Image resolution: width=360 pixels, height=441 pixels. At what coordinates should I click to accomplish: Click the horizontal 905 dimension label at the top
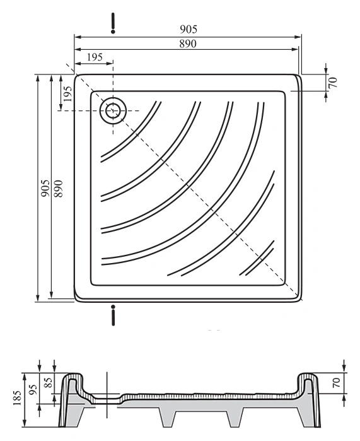(x=189, y=29)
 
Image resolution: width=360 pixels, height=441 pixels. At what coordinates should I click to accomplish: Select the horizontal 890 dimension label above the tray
(x=188, y=44)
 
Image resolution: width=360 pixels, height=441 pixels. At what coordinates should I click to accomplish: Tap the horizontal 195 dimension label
(x=95, y=57)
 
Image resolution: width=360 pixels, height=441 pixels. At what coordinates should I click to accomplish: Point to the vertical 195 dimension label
(x=67, y=93)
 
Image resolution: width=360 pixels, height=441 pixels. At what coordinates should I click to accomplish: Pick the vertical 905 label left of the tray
(x=45, y=188)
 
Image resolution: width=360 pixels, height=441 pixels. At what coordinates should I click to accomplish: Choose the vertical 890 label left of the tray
(x=59, y=188)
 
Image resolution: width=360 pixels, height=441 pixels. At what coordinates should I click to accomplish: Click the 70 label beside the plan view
(x=332, y=82)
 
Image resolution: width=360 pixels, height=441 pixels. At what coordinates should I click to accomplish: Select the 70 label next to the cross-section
(x=336, y=383)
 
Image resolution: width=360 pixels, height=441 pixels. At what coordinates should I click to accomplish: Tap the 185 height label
(x=17, y=397)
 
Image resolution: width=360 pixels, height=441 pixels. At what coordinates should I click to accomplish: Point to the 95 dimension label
(x=33, y=389)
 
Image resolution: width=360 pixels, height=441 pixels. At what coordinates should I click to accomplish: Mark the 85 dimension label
(x=49, y=382)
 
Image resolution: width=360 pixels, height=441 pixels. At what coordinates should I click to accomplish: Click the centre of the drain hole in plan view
(x=113, y=110)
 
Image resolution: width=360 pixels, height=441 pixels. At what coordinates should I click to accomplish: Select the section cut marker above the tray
(x=113, y=23)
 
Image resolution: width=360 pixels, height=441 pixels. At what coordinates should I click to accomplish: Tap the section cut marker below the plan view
(x=113, y=315)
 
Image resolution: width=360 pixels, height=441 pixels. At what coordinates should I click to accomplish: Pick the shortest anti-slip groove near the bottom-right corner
(x=257, y=259)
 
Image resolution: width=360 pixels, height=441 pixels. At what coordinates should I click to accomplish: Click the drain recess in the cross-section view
(x=107, y=399)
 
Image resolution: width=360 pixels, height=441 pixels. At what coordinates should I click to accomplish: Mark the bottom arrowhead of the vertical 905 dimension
(x=38, y=298)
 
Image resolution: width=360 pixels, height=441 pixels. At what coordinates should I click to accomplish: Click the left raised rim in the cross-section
(x=72, y=377)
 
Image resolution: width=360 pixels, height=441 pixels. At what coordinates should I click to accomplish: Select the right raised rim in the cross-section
(x=308, y=377)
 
